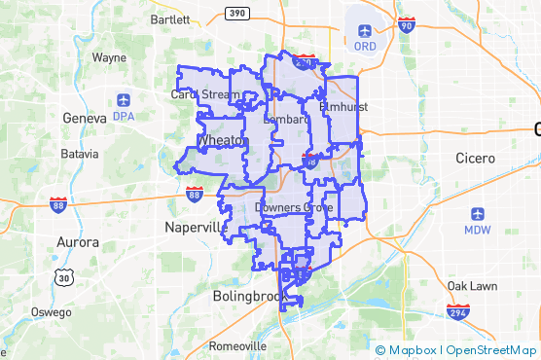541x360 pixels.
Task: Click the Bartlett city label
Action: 171,19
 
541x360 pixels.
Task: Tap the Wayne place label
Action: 109,57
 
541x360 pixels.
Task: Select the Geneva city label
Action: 82,118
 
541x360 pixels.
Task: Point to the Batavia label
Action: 80,154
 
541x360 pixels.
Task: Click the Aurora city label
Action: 77,241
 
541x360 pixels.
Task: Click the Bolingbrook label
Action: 247,296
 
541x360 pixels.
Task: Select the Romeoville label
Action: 238,345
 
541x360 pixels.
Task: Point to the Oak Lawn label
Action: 471,286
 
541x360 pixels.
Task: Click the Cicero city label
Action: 476,158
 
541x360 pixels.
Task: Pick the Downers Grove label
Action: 293,208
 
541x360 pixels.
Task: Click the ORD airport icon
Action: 365,28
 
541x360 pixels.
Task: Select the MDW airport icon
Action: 477,214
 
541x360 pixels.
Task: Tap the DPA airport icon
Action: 123,99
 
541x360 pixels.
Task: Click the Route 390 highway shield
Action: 236,13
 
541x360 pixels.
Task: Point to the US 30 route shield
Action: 65,277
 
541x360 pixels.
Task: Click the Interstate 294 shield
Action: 458,312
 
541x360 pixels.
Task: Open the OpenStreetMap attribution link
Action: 490,350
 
